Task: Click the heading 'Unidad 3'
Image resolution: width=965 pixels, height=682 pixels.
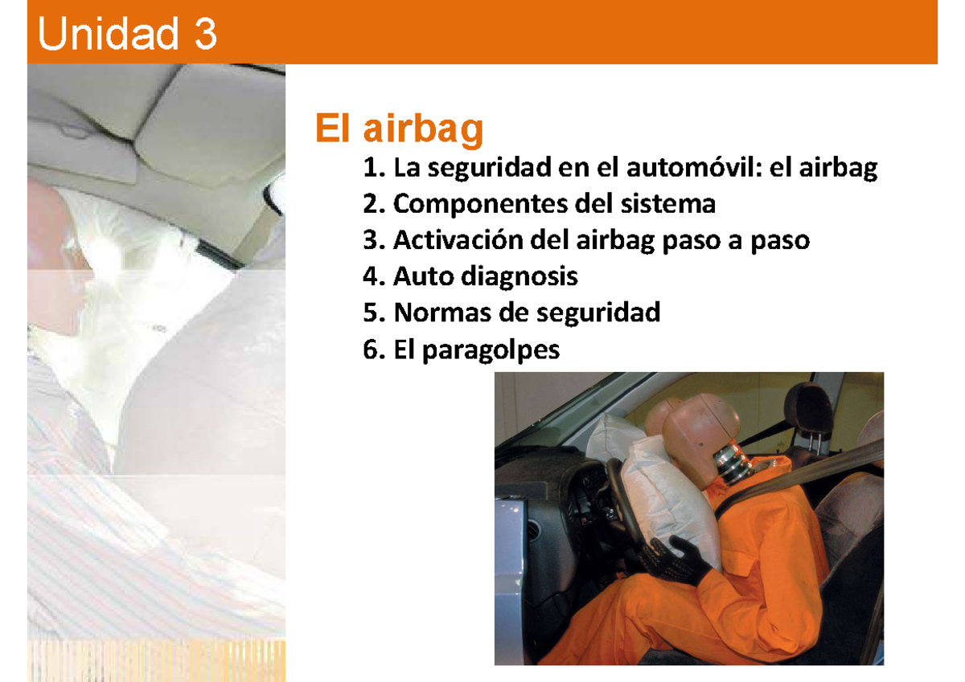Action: pyautogui.click(x=127, y=35)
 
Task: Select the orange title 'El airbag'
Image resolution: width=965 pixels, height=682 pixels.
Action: pyautogui.click(x=399, y=129)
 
